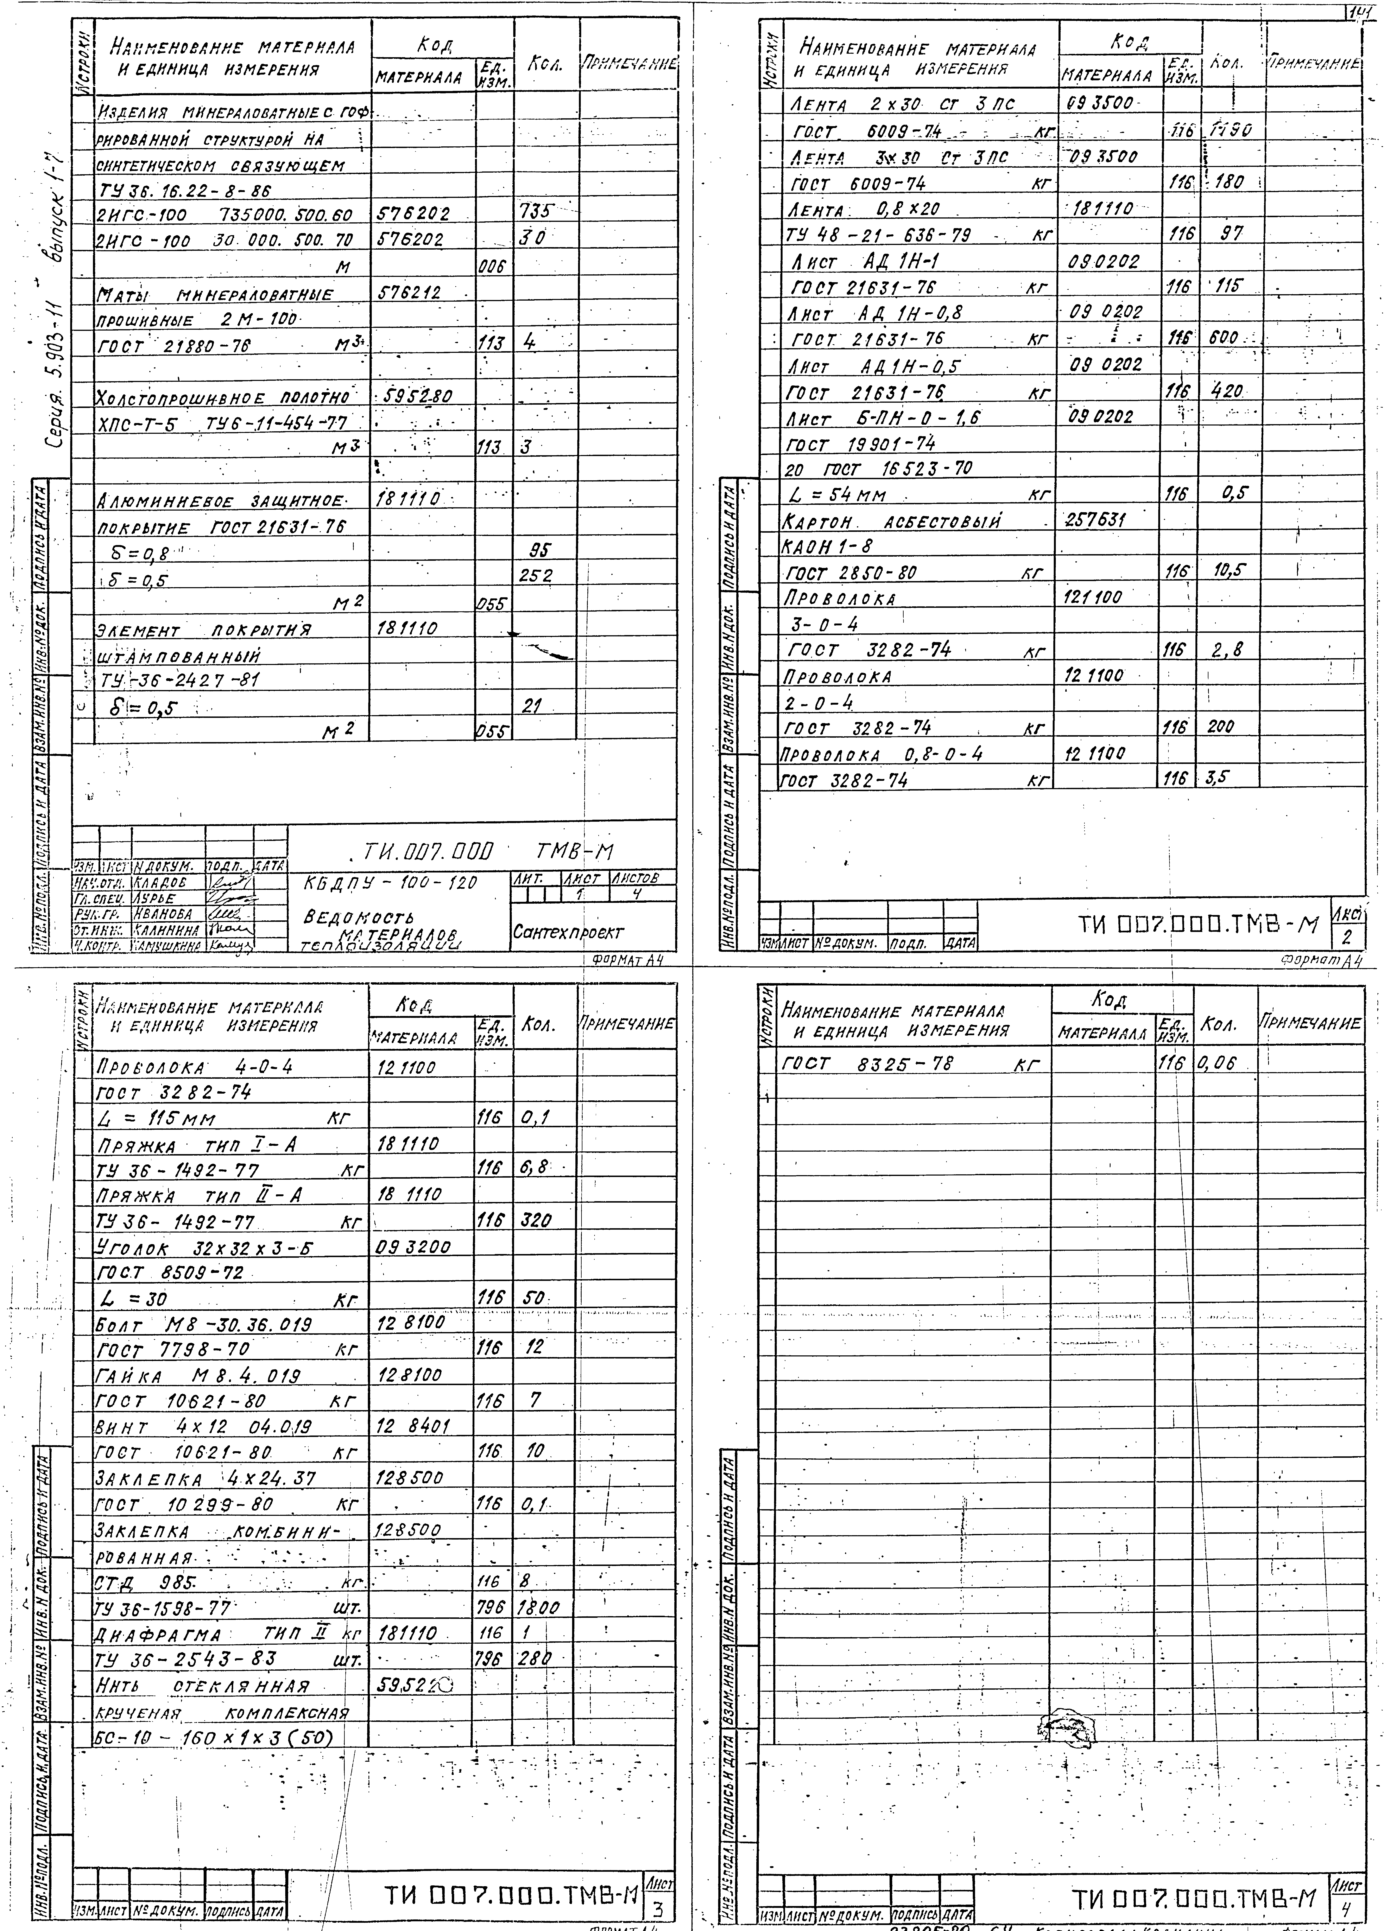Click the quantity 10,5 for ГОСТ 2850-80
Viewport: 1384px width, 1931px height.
pyautogui.click(x=1228, y=571)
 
